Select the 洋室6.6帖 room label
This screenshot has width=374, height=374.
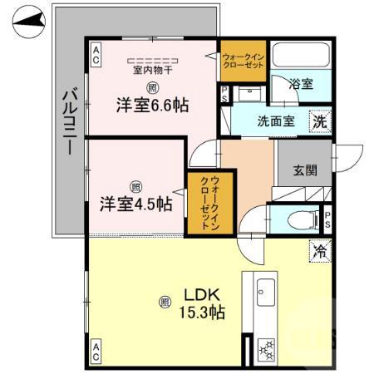[152, 106]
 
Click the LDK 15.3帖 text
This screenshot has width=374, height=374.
[203, 303]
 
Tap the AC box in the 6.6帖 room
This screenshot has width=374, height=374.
[96, 57]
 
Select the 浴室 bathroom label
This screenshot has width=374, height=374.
[301, 85]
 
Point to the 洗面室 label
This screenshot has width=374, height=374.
[275, 121]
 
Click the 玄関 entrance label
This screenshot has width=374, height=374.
[304, 171]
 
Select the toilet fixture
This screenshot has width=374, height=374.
[295, 220]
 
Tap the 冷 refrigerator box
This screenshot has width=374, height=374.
[319, 249]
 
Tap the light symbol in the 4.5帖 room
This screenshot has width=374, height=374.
[135, 186]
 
